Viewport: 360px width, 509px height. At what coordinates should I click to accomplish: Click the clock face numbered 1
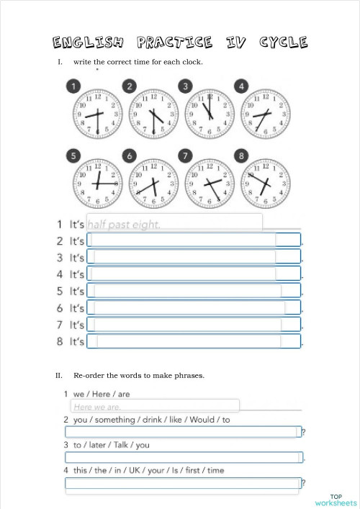(96, 113)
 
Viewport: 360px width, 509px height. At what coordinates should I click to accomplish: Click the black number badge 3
(185, 87)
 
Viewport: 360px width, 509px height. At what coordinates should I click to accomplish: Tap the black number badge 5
(73, 155)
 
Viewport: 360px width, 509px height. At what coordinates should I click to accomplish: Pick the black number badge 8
(241, 155)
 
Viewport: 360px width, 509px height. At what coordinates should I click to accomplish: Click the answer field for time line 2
(193, 240)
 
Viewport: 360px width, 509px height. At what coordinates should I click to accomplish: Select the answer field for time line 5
(193, 291)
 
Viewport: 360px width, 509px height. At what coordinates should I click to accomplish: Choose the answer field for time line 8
(193, 341)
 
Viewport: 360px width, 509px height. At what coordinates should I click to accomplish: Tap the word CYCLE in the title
(283, 42)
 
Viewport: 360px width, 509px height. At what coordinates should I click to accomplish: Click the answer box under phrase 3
(183, 457)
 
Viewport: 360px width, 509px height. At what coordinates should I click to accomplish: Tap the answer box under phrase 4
(183, 483)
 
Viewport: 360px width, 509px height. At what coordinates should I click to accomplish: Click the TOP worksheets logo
(336, 500)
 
